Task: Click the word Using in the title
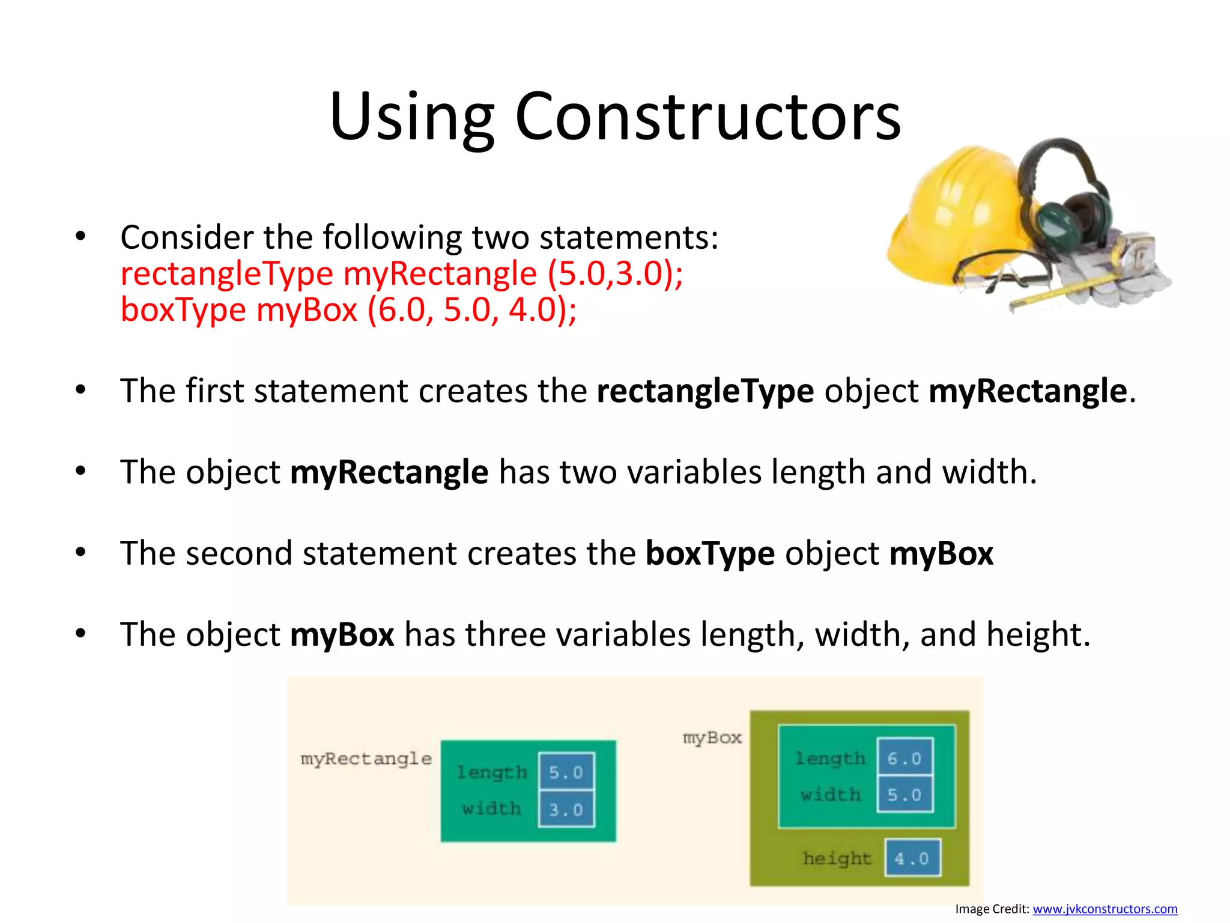click(412, 117)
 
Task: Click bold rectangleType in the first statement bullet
click(705, 391)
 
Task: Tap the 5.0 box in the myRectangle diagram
click(566, 772)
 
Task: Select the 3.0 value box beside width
click(566, 809)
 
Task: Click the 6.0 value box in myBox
click(904, 758)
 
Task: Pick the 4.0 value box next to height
click(912, 858)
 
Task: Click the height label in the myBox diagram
click(837, 859)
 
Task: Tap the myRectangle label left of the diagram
click(366, 759)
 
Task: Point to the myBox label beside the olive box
click(712, 738)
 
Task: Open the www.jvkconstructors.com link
click(1104, 909)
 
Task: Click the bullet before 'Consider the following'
click(81, 236)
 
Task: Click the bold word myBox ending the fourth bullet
click(941, 553)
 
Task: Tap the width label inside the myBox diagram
click(831, 795)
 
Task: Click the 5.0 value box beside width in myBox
click(904, 795)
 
